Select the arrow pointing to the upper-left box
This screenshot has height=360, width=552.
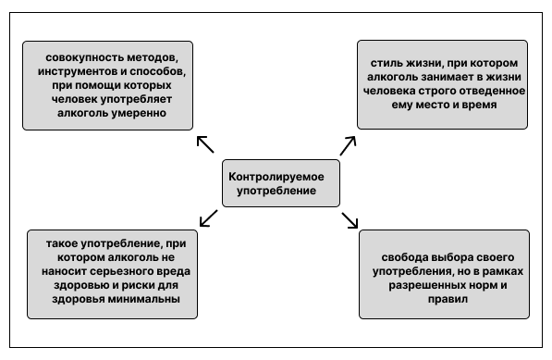point(205,143)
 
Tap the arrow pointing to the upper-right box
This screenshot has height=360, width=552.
point(348,143)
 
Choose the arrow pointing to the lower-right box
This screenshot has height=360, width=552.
point(350,219)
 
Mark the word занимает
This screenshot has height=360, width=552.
point(441,78)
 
